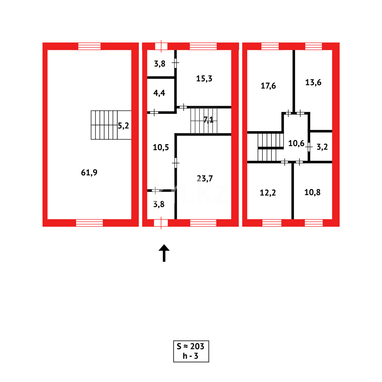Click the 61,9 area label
(89, 173)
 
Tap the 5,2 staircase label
(123, 126)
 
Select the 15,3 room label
(204, 79)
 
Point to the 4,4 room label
(159, 93)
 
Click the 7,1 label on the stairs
(208, 120)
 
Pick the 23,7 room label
(205, 179)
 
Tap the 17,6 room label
(268, 86)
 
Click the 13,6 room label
(313, 82)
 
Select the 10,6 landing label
(296, 143)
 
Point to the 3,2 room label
(322, 147)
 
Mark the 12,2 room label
(268, 192)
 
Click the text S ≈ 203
(191, 346)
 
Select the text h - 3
(191, 356)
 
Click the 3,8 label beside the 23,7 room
(159, 204)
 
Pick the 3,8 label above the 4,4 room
(159, 64)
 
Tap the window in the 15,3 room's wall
(203, 46)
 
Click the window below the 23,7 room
(203, 222)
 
